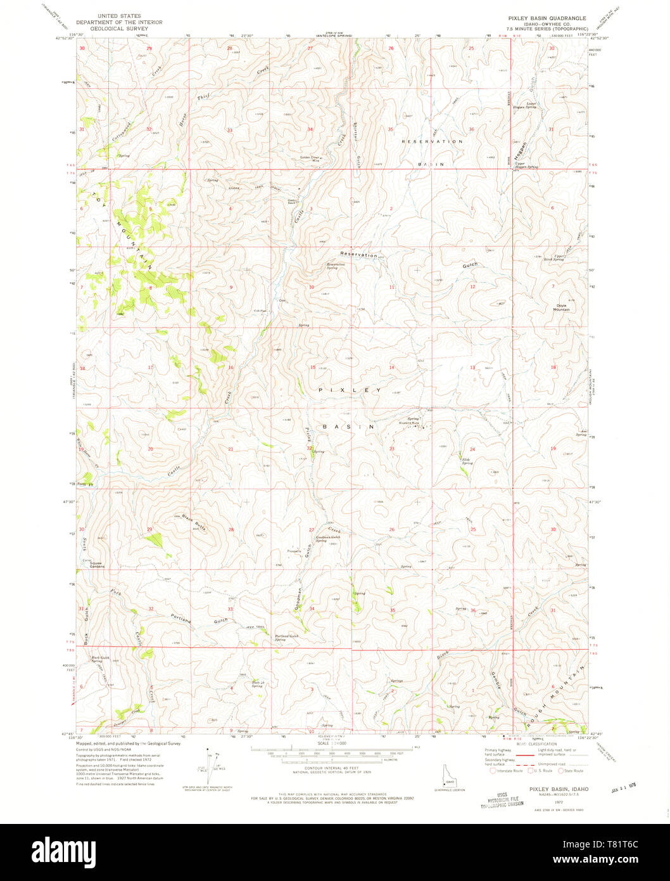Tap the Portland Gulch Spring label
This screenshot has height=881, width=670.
(284, 638)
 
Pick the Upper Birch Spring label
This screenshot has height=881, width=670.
(558, 257)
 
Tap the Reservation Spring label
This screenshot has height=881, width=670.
(336, 266)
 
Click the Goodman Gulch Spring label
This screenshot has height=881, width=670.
(328, 539)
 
